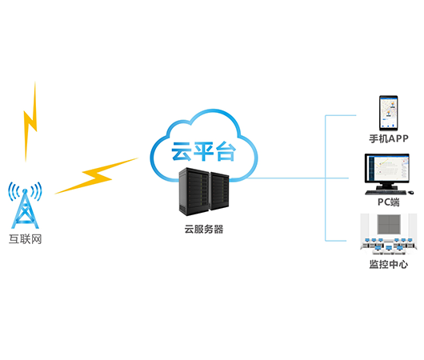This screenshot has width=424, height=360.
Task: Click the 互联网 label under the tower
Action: [25, 239]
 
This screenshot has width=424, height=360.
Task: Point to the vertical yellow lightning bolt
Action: [30, 122]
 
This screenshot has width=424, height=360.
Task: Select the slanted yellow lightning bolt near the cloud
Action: [97, 176]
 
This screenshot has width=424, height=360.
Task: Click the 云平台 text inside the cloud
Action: [203, 151]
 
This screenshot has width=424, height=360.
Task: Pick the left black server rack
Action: [194, 191]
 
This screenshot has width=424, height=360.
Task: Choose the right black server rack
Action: [219, 191]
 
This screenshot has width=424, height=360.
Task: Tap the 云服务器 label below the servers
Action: [204, 229]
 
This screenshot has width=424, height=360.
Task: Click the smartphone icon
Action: [388, 113]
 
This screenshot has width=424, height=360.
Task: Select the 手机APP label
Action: [389, 138]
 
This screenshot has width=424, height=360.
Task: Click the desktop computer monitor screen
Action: [387, 169]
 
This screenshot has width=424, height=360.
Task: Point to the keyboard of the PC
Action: [386, 192]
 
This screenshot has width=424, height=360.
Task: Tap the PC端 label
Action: [388, 202]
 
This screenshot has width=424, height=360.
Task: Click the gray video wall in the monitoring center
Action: [389, 224]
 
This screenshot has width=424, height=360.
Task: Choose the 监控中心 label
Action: [389, 264]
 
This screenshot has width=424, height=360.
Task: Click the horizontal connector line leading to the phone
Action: [341, 115]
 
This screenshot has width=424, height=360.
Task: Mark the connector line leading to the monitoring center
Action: [335, 241]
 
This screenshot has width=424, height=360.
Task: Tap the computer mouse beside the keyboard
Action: [410, 192]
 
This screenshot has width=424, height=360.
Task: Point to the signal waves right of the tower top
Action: [37, 191]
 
